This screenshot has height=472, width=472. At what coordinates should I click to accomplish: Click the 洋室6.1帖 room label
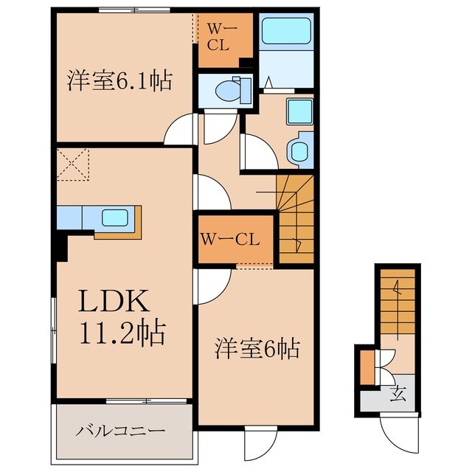point(119,80)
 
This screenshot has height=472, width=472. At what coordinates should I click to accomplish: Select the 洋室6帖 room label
point(257,347)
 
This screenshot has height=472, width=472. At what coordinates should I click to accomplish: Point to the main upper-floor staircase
point(296,214)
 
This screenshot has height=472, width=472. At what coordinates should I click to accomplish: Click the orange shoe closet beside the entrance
point(367,367)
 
